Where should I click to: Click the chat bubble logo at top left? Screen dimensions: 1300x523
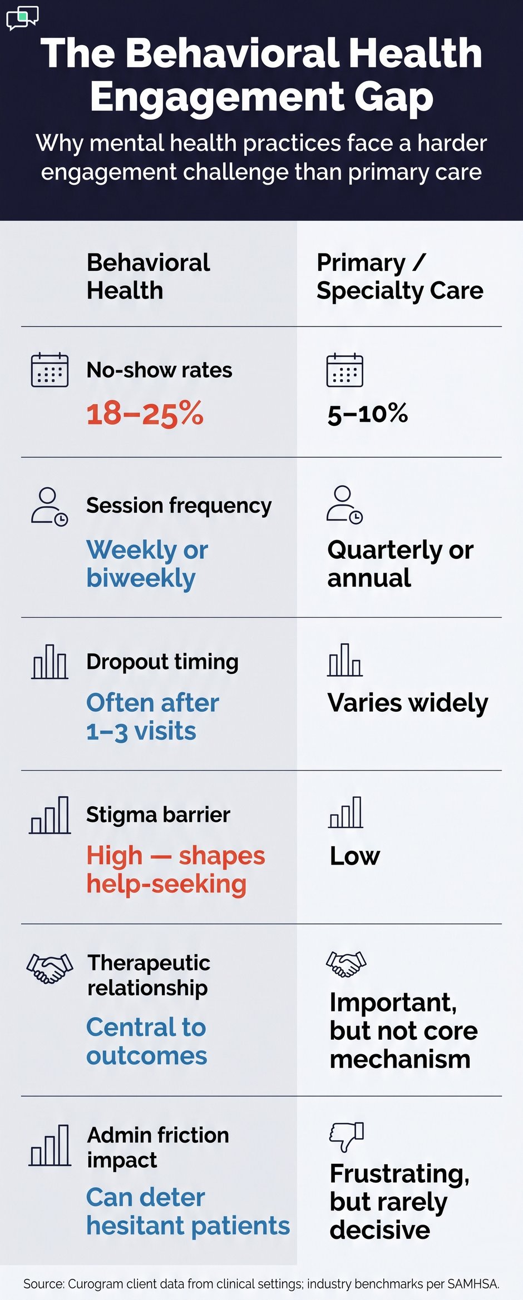[x=22, y=17]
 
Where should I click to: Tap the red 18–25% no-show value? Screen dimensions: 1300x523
[x=145, y=414]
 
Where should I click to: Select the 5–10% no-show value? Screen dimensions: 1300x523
[x=368, y=414]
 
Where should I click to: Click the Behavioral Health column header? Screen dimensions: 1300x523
[x=148, y=276]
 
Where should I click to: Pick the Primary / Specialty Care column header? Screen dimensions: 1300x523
[x=399, y=276]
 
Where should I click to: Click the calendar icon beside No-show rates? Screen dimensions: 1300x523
[x=50, y=370]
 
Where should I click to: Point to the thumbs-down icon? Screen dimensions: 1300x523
[x=346, y=1135]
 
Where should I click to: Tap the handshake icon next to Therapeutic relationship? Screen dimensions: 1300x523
[x=50, y=968]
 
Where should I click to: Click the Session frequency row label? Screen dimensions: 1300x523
[x=179, y=505]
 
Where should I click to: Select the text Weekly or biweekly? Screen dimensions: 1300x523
[x=147, y=564]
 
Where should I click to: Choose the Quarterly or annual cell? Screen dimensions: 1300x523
[x=400, y=564]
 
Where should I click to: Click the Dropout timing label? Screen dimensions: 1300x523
[x=162, y=662]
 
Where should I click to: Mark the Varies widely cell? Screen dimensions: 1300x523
[x=408, y=703]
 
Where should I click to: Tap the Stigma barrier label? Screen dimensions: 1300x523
[x=158, y=815]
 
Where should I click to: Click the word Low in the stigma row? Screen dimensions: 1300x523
[x=354, y=856]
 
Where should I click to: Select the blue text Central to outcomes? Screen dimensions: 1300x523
[x=146, y=1041]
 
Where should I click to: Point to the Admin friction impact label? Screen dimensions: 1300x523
[x=158, y=1147]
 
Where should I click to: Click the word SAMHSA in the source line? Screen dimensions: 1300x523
[x=472, y=1284]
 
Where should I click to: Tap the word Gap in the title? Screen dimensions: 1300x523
[x=393, y=97]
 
